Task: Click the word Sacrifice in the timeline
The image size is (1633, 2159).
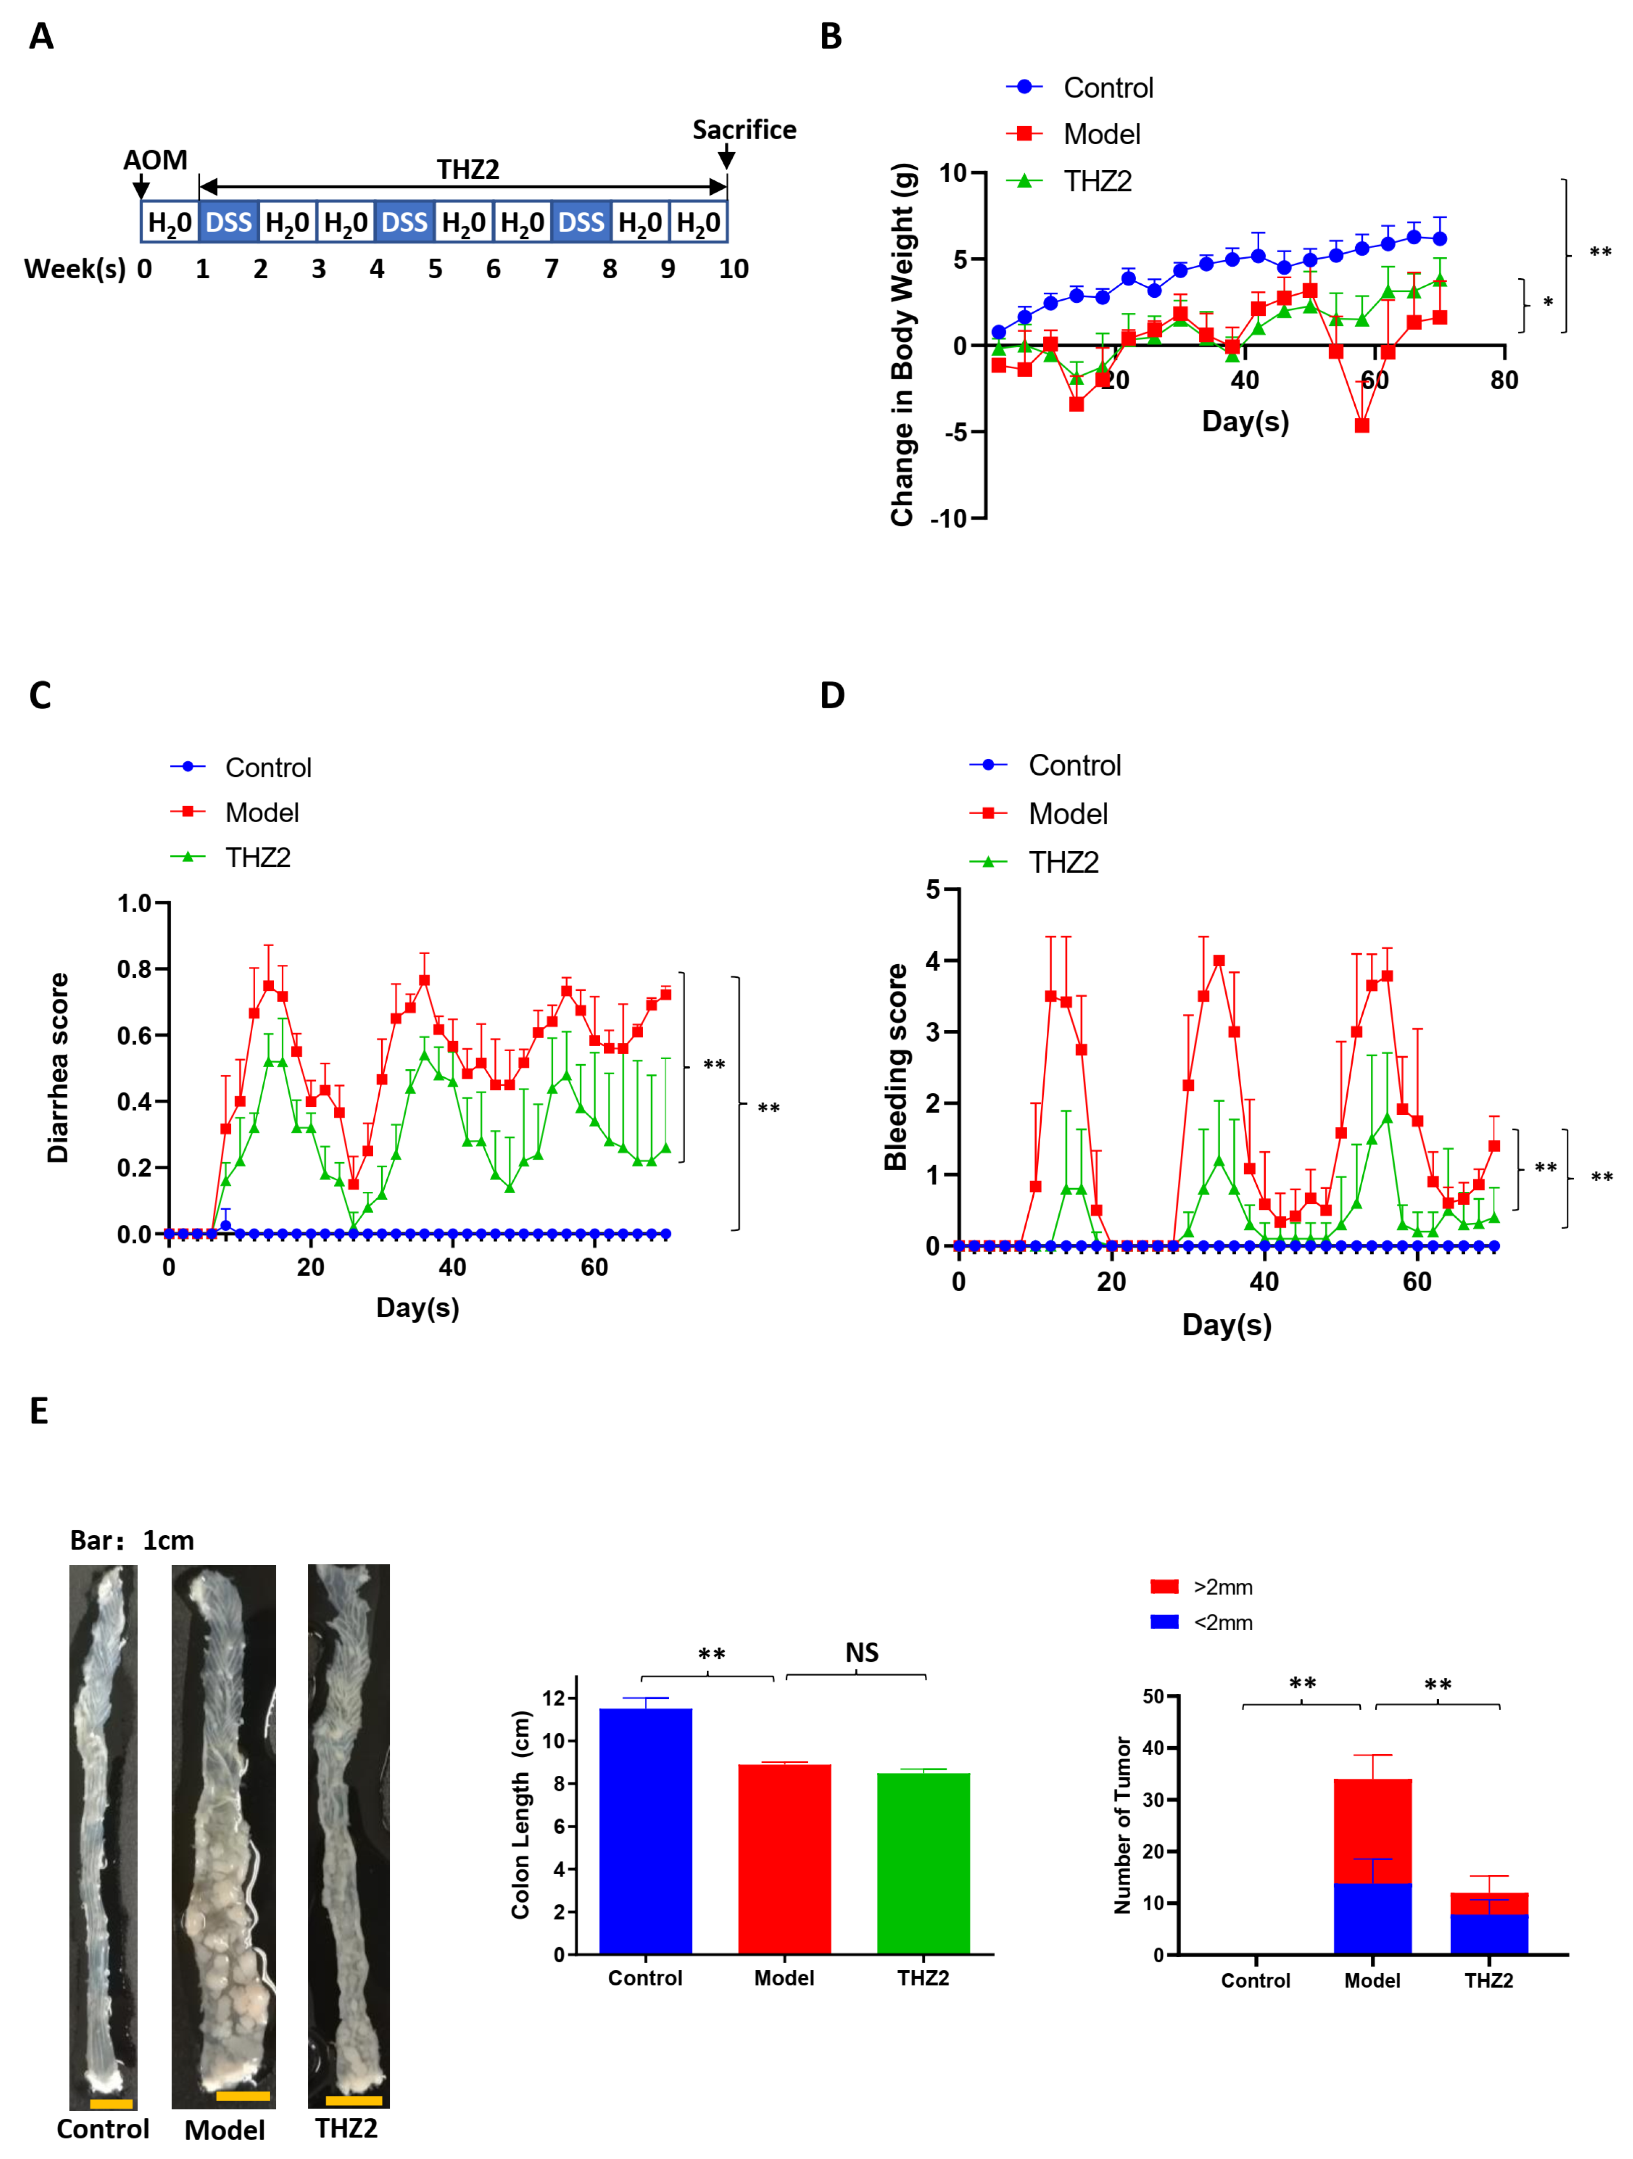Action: [x=744, y=130]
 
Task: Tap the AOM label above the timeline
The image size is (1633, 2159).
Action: [x=155, y=160]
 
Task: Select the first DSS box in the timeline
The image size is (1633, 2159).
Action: [x=229, y=222]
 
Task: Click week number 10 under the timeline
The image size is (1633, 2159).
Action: [x=733, y=269]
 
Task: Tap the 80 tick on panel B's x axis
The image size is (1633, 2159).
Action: [x=1503, y=381]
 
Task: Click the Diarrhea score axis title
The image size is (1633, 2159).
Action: [x=59, y=1067]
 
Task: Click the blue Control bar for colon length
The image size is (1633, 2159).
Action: [x=645, y=1830]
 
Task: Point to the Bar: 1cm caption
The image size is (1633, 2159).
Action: [x=132, y=1540]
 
